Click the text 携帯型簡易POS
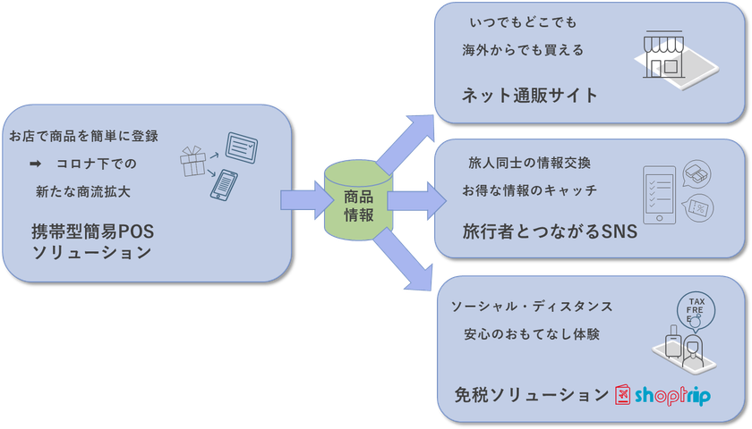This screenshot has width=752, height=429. click(93, 232)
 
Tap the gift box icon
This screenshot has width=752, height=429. click(192, 163)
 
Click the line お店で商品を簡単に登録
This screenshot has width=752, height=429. click(83, 137)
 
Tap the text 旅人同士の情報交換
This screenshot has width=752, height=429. click(529, 164)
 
